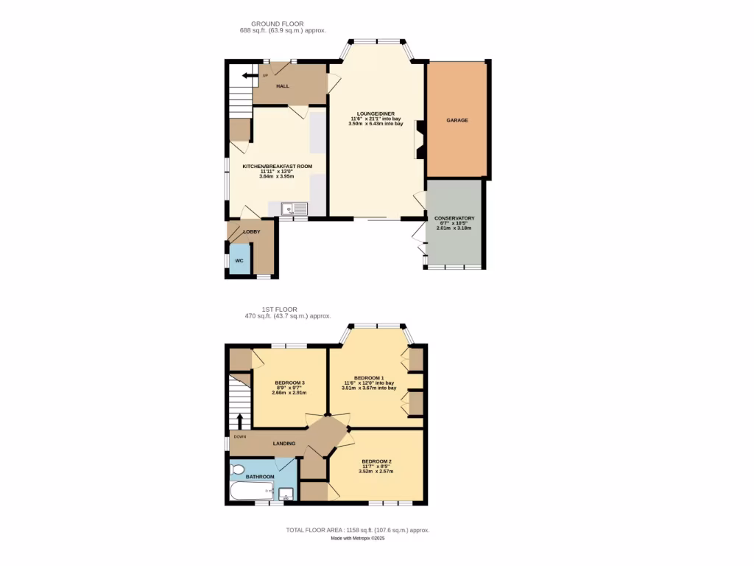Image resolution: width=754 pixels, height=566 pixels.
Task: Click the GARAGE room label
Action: click(457, 120)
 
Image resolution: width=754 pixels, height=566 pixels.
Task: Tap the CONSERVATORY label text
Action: click(454, 219)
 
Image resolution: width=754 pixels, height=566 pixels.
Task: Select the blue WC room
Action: click(239, 260)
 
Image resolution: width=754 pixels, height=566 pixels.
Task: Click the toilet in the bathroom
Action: click(238, 469)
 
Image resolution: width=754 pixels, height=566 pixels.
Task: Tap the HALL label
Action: click(283, 86)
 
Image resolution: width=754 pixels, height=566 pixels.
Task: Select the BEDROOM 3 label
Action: click(289, 382)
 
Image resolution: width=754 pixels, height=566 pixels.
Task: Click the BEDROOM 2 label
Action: click(376, 461)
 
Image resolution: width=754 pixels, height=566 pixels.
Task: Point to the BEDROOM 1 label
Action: click(369, 377)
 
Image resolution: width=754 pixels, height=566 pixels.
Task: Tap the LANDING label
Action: click(284, 444)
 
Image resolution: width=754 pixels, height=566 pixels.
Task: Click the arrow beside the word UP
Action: click(248, 75)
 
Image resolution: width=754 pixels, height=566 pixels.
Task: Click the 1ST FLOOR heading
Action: click(279, 309)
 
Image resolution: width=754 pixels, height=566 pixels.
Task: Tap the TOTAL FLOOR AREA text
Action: click(358, 530)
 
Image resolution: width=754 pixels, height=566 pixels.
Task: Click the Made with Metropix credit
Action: click(358, 539)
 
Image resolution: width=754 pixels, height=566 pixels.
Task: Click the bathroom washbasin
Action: click(286, 494)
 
